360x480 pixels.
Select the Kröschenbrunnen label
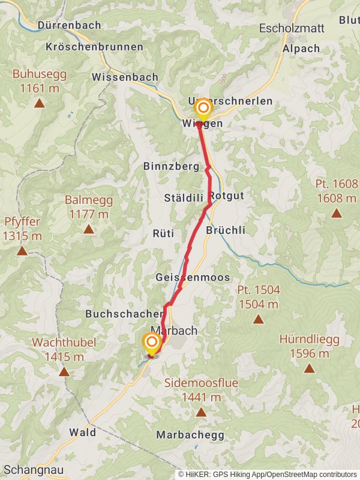point(95,46)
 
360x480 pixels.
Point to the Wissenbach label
point(125,77)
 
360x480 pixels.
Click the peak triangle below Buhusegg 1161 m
point(39,103)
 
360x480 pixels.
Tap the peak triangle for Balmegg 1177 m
point(89,229)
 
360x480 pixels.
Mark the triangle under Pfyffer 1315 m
point(22,251)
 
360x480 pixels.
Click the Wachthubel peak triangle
point(64,372)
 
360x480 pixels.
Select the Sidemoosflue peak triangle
point(200,412)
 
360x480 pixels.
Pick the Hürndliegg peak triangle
point(309,368)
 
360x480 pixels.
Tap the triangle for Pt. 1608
point(336,213)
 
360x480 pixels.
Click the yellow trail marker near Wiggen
point(203,109)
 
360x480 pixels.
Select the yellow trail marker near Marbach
point(151,343)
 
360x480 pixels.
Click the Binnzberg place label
point(171,167)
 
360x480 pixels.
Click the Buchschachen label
point(124,314)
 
